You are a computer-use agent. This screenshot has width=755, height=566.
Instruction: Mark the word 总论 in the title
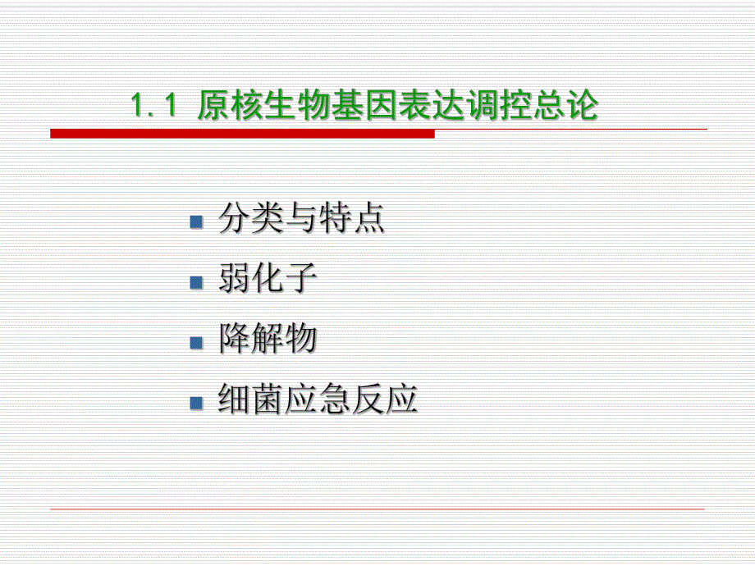[x=565, y=107]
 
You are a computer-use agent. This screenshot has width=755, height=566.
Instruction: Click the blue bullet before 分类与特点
[x=196, y=221]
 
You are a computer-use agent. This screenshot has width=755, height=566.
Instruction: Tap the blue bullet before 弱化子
[x=196, y=282]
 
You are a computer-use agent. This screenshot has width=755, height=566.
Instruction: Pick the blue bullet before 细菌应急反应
[x=196, y=403]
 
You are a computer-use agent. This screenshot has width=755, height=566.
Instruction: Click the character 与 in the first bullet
[x=301, y=220]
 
